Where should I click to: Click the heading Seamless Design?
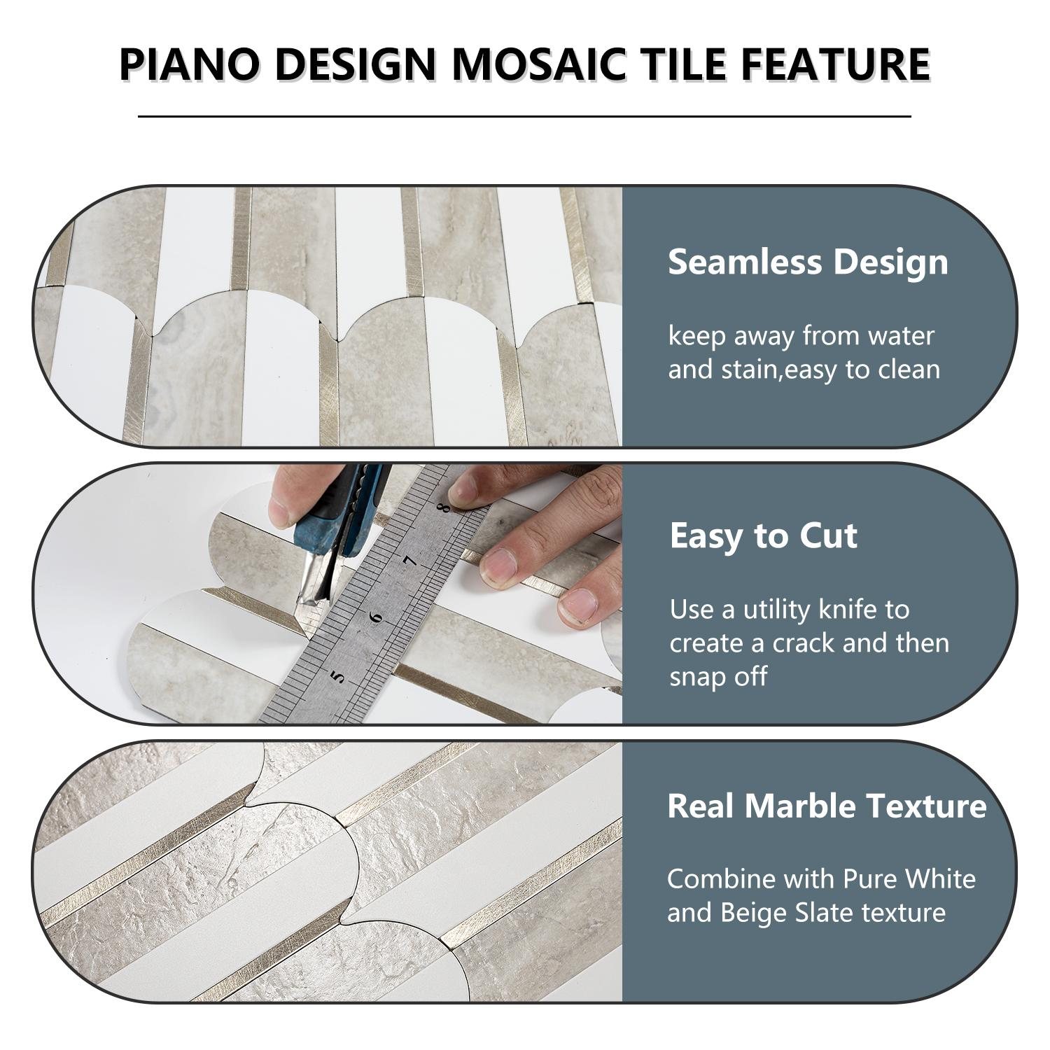click(808, 262)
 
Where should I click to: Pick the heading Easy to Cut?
click(763, 536)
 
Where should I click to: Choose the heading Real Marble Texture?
click(827, 806)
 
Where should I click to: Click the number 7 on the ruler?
click(412, 560)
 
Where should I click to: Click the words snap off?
click(718, 676)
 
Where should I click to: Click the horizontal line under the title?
click(524, 116)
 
